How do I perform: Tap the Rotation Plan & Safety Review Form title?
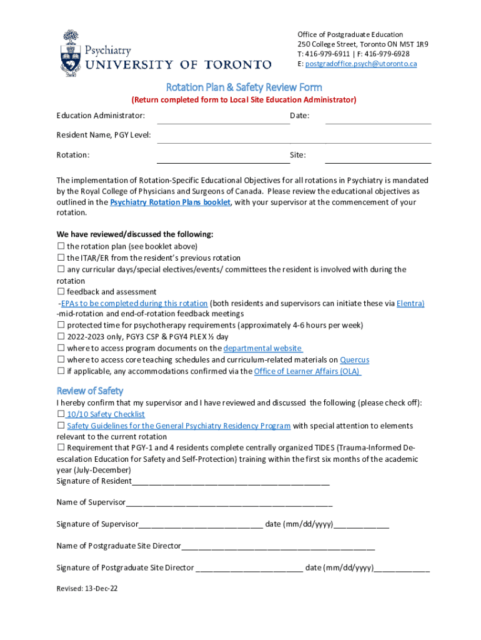point(244,87)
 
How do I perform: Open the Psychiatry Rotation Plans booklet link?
point(170,202)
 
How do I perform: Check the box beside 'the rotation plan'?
point(61,246)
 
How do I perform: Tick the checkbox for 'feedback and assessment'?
point(61,292)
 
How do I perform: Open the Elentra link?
point(410,304)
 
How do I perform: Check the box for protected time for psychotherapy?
point(61,326)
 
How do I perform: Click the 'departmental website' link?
point(263,349)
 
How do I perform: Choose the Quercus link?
point(354,360)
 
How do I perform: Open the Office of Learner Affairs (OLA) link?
point(307,371)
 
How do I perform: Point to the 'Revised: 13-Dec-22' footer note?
point(87,589)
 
